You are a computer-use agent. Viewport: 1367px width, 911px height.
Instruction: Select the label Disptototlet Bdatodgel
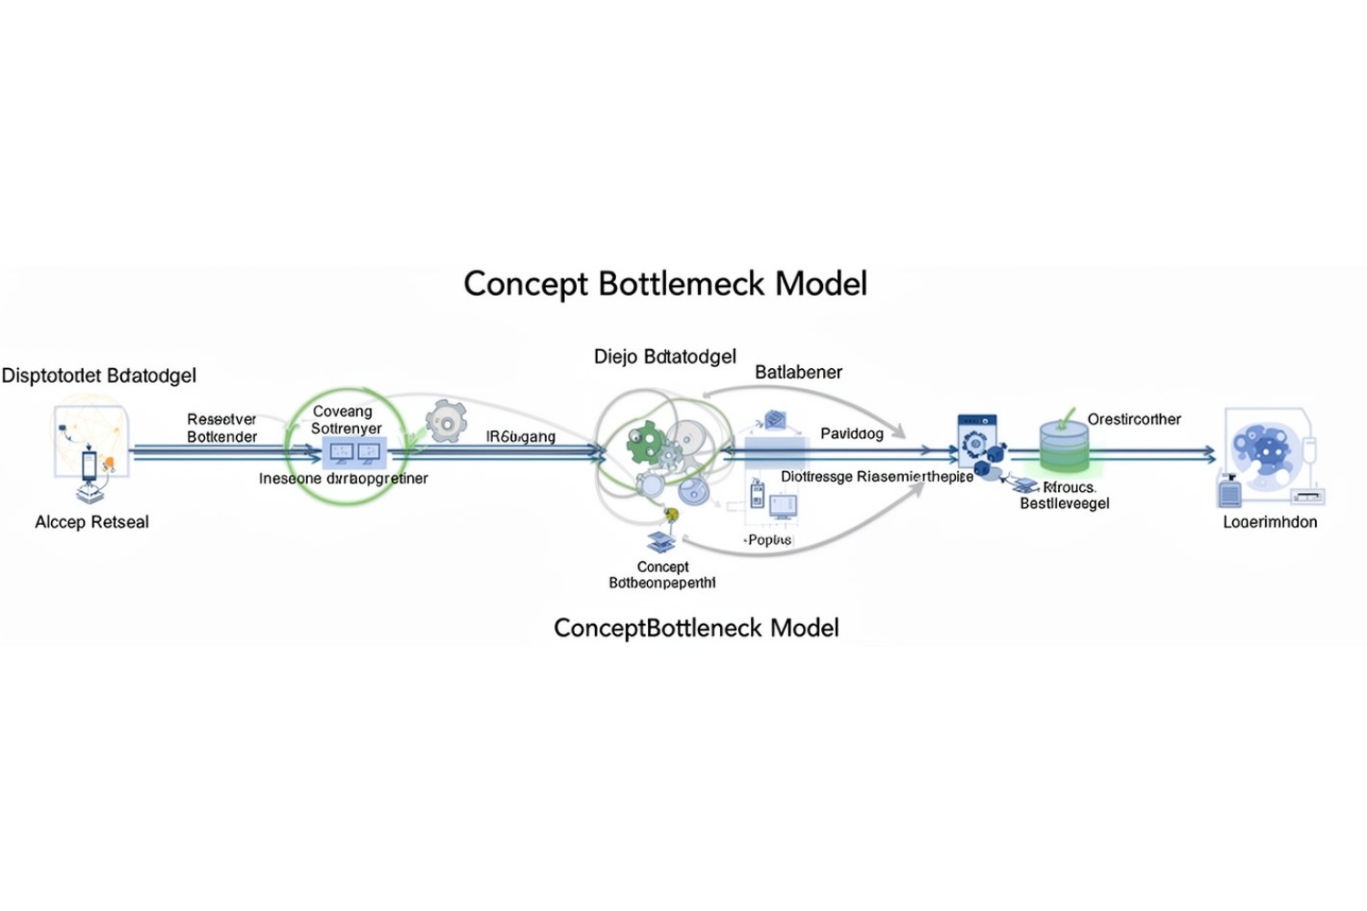point(98,375)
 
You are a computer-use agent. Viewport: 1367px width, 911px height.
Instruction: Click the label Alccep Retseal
point(91,522)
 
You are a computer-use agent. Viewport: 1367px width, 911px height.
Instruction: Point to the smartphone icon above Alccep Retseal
point(89,465)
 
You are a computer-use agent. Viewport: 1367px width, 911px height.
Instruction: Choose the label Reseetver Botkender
point(221,428)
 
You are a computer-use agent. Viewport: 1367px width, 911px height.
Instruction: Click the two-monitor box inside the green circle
point(355,452)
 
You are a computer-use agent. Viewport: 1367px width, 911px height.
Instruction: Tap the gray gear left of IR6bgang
point(446,422)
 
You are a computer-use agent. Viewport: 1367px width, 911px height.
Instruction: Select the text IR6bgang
point(520,436)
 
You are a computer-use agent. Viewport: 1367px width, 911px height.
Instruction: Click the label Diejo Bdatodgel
point(664,356)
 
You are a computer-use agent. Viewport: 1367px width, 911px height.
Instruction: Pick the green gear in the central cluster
point(646,442)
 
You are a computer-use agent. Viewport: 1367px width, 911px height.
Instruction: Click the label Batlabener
point(798,372)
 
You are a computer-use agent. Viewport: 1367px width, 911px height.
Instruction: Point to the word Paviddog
point(851,434)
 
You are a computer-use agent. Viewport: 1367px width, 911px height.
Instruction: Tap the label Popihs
point(768,539)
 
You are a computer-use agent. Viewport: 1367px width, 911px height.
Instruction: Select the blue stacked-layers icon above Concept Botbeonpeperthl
point(662,541)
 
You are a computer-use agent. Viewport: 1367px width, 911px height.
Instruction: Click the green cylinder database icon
point(1064,446)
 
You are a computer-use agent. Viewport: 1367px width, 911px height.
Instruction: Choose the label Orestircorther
point(1134,419)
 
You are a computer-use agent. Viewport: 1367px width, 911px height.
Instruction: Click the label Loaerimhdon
point(1269,522)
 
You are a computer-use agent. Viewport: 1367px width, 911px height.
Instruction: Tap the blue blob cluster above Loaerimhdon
point(1261,449)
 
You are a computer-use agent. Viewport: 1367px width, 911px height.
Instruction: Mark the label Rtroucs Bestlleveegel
point(1064,496)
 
